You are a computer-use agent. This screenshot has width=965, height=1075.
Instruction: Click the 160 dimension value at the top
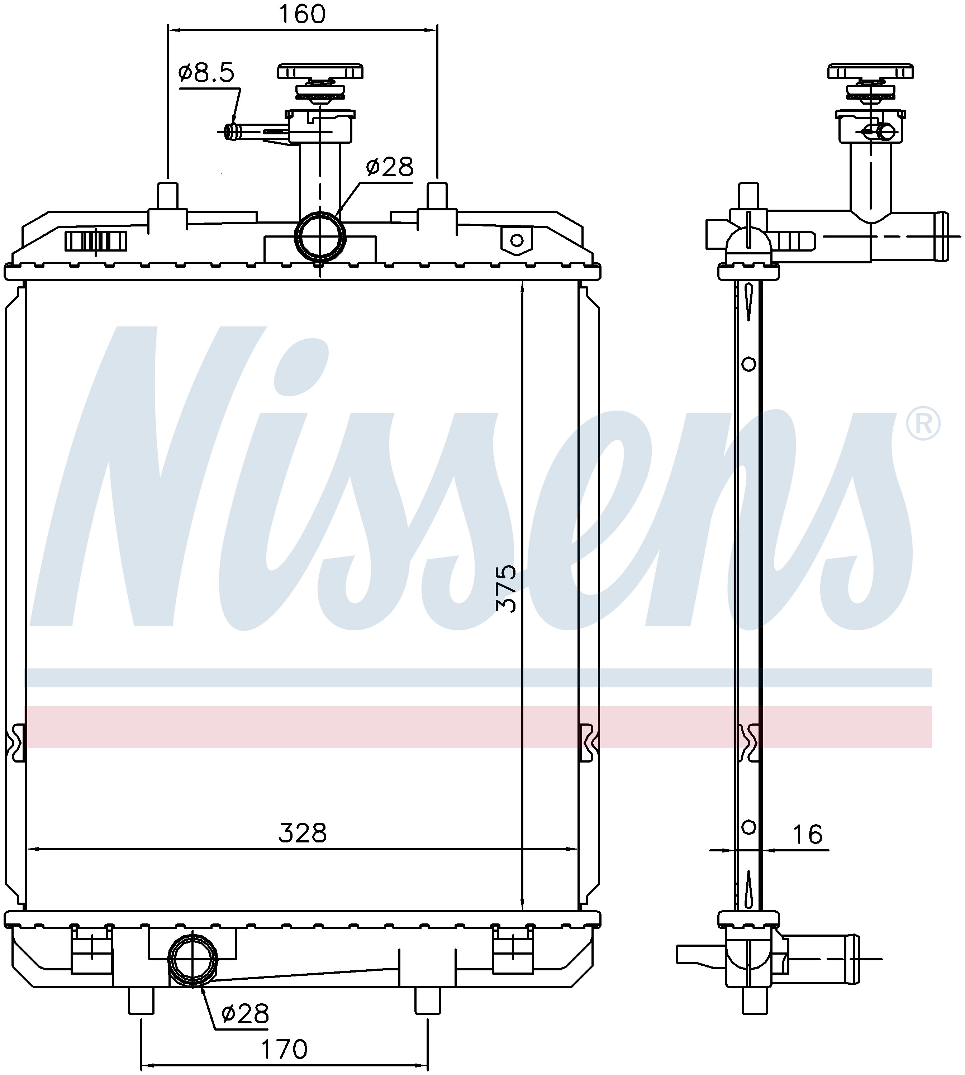click(x=302, y=14)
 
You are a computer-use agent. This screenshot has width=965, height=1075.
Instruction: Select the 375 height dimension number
click(x=505, y=588)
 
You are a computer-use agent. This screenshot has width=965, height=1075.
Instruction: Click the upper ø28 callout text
click(x=389, y=167)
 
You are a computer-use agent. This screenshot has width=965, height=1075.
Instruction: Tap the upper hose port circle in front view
click(x=320, y=236)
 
